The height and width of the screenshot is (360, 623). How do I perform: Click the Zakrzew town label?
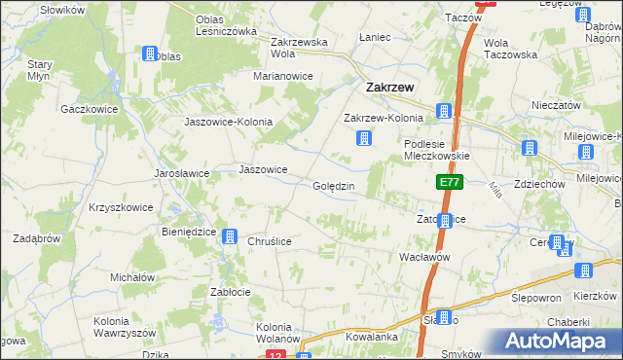pyautogui.click(x=389, y=87)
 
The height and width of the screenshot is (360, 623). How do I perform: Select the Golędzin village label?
pyautogui.click(x=340, y=186)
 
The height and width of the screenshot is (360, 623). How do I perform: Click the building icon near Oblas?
pyautogui.click(x=150, y=54)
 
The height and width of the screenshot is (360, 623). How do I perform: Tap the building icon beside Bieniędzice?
pyautogui.click(x=229, y=235)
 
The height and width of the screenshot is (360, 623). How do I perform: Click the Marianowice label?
pyautogui.click(x=282, y=75)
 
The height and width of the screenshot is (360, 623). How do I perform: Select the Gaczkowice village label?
pyautogui.click(x=89, y=109)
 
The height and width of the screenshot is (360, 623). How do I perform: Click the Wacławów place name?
pyautogui.click(x=423, y=257)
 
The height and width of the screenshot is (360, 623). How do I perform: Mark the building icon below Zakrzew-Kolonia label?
pyautogui.click(x=363, y=139)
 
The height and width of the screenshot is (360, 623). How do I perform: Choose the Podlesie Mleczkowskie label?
pyautogui.click(x=437, y=149)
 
